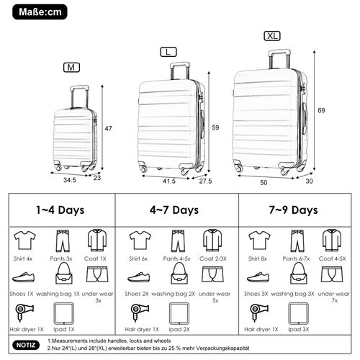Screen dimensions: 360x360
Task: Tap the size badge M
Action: click(x=71, y=68)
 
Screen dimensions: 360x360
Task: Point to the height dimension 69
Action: click(x=323, y=109)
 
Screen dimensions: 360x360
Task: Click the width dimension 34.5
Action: click(x=69, y=180)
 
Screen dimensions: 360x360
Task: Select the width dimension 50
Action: click(x=264, y=183)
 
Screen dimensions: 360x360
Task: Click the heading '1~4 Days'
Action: click(x=61, y=210)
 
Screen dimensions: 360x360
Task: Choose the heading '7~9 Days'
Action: click(x=294, y=210)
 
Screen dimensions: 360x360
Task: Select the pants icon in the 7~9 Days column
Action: click(x=295, y=239)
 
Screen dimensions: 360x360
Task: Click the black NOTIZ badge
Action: click(x=26, y=345)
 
